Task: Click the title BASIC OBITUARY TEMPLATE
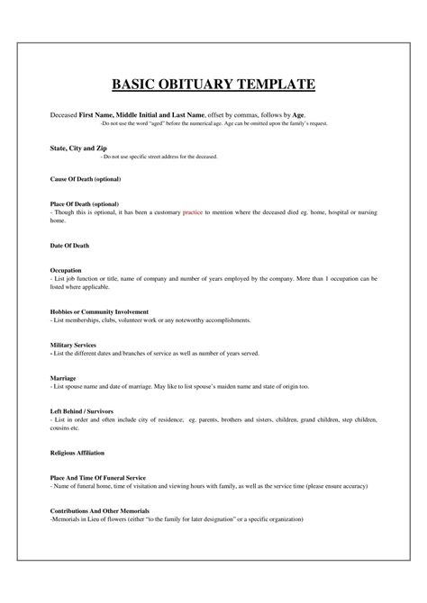213,85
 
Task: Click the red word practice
193,212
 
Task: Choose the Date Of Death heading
69,244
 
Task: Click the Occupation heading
66,269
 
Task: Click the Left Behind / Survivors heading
86,410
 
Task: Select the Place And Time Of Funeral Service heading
98,477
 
